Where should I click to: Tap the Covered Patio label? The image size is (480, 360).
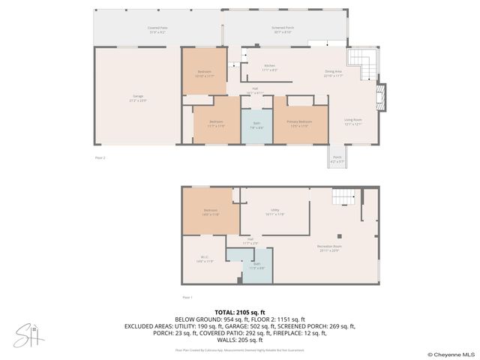(157, 30)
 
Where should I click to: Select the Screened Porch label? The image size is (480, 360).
(283, 30)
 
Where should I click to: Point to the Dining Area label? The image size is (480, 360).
(333, 73)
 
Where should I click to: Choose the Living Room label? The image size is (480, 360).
(352, 121)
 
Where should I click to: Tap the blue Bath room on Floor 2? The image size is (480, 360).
(256, 126)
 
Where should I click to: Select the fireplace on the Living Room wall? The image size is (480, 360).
(383, 97)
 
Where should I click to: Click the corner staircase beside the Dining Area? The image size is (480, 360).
(361, 66)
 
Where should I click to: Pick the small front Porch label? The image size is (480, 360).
(337, 159)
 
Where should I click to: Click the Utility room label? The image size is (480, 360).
(274, 213)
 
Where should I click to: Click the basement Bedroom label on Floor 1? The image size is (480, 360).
(210, 212)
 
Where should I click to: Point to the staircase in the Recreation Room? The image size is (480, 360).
(343, 196)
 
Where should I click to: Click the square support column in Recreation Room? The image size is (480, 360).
(338, 235)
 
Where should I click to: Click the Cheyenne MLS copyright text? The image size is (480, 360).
(451, 354)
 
